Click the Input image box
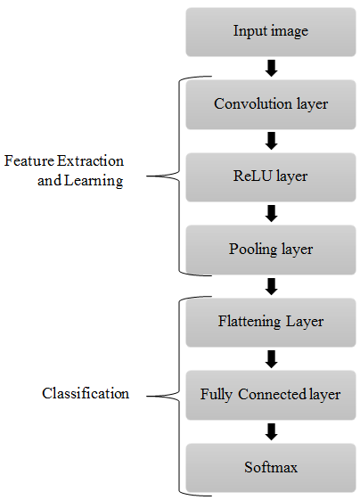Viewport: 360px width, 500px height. [271, 32]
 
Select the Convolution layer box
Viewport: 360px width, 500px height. [271, 104]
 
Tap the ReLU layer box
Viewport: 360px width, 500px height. [271, 177]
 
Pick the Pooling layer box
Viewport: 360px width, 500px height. [271, 250]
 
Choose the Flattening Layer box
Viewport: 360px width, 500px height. [271, 323]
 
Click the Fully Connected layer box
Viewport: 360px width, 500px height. [271, 395]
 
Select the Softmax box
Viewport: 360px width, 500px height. [271, 468]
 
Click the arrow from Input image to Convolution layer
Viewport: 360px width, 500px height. [272, 69]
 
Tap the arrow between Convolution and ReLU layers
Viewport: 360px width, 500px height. [272, 141]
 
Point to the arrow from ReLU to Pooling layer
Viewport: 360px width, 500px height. [272, 213]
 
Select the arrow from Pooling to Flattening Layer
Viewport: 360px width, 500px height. [272, 286]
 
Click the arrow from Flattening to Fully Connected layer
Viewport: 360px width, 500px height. [272, 359]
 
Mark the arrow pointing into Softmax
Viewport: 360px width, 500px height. [272, 431]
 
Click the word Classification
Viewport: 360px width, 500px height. [86, 393]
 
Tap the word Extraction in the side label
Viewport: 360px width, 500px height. [91, 160]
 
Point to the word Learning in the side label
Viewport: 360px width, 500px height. [94, 181]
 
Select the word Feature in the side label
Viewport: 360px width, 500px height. [29, 160]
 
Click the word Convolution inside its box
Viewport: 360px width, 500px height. [253, 103]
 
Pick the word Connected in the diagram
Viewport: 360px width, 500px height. [273, 394]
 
